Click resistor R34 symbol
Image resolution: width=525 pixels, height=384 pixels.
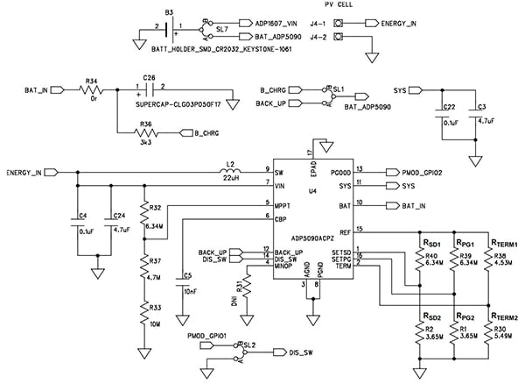pos(91,89)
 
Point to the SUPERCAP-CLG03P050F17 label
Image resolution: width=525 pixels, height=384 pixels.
pos(179,103)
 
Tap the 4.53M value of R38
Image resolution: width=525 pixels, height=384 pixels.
pos(505,260)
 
